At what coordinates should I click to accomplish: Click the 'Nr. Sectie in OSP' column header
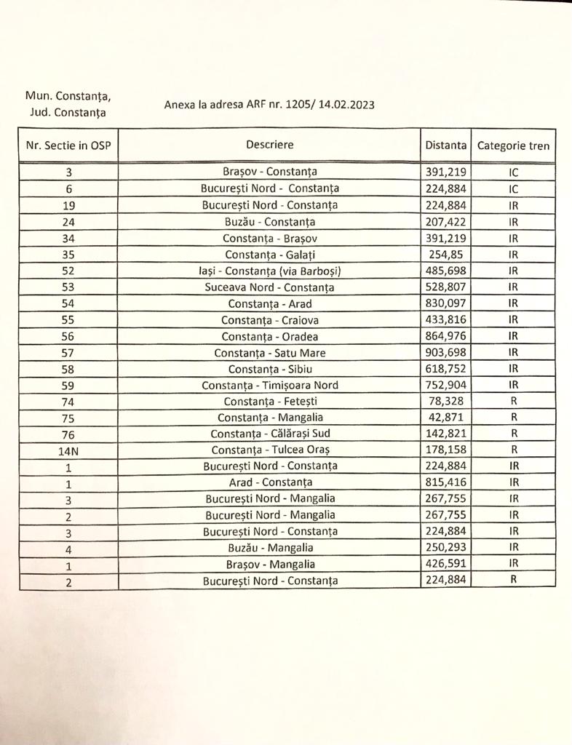pyautogui.click(x=68, y=146)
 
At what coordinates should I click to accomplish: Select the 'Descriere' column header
pyautogui.click(x=269, y=145)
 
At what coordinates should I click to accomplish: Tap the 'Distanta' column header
pyautogui.click(x=445, y=146)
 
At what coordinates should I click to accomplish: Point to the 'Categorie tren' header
pyautogui.click(x=513, y=146)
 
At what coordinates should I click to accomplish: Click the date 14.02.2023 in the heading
pyautogui.click(x=348, y=105)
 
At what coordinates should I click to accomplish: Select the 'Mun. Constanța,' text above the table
pyautogui.click(x=68, y=96)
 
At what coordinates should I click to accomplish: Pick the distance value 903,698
pyautogui.click(x=445, y=353)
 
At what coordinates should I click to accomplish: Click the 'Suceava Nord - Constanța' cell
pyautogui.click(x=269, y=287)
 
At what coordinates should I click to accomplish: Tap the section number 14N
pyautogui.click(x=68, y=450)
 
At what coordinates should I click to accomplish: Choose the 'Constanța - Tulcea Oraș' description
pyautogui.click(x=269, y=450)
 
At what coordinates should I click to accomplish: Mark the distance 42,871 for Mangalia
pyautogui.click(x=445, y=417)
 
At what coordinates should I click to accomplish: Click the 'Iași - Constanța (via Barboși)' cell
pyautogui.click(x=269, y=271)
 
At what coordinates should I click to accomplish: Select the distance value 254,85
pyautogui.click(x=445, y=255)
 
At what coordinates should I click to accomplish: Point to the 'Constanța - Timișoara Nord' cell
pyautogui.click(x=269, y=385)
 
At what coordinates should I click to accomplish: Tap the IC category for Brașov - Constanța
pyautogui.click(x=513, y=173)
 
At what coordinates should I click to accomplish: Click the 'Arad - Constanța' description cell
pyautogui.click(x=269, y=482)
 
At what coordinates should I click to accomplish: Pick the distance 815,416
pyautogui.click(x=445, y=482)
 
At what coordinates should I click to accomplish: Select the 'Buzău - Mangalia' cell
pyautogui.click(x=269, y=548)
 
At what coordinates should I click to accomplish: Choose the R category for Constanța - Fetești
pyautogui.click(x=513, y=401)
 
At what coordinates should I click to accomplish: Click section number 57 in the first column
pyautogui.click(x=68, y=353)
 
